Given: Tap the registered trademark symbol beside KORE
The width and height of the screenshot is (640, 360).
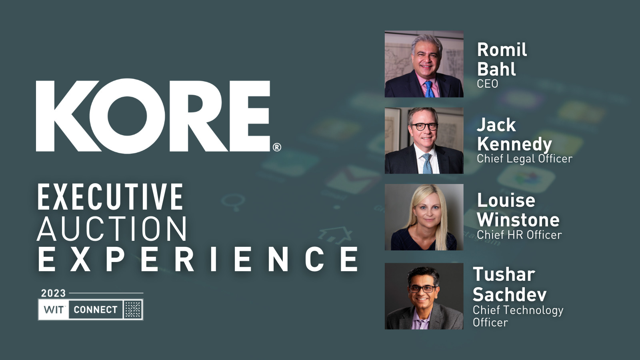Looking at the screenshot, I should pos(277,147).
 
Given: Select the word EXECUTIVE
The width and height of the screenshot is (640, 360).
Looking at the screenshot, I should pos(110,197).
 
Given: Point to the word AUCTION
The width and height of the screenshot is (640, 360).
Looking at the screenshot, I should pos(112,229).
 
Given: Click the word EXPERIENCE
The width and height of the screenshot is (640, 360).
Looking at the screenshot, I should pos(198,259).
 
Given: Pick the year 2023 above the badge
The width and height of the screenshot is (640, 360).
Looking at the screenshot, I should pos(53,293).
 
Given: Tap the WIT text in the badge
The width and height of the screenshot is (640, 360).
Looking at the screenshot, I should pos(54,310).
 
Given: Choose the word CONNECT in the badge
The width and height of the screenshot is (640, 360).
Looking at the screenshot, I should pos(95,310).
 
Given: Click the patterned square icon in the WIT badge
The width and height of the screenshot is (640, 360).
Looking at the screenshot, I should pos(132,310).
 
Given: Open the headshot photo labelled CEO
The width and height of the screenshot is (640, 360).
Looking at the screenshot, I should pos(424,64).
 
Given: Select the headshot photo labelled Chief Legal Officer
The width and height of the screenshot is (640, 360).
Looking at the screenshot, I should pos(424,140).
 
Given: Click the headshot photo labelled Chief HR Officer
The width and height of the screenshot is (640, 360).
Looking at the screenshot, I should pos(424,217).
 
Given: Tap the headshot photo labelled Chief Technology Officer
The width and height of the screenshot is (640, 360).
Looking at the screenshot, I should pos(424,296).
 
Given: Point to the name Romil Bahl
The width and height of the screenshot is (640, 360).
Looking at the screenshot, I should pos(502,59).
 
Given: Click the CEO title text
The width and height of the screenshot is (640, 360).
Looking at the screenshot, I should pos(487,84).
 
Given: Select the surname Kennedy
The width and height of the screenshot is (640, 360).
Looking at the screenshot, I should pos(514,144).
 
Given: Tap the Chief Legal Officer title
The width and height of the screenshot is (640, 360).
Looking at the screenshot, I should pos(524,158).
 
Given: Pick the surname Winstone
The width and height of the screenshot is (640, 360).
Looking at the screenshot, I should pos(518,220).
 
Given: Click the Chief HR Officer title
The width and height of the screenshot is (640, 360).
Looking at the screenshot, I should pos(519,234).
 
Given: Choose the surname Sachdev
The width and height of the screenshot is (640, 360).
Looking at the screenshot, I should pos(509,295).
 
